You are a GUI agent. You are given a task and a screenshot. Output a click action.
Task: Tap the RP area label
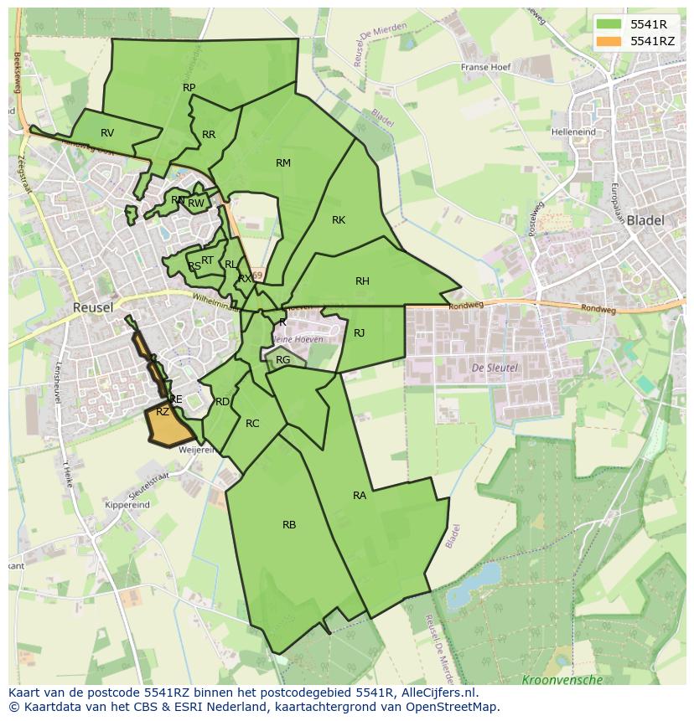coord(189,88)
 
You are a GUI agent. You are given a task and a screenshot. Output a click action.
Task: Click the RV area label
coord(107,133)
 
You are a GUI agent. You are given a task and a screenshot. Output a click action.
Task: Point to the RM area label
coord(283,163)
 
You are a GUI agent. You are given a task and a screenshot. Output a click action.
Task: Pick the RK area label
coord(339,220)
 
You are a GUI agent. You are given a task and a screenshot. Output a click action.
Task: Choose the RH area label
coord(362,281)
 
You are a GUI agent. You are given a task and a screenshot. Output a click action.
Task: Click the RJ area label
coord(360,333)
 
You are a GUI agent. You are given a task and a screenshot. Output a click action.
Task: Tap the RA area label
coord(360,496)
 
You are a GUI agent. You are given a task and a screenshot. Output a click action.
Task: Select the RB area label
coord(289,525)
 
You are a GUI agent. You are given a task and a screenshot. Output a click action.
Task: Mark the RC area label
coord(252,424)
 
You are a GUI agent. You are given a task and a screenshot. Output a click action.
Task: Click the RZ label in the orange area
coord(163,412)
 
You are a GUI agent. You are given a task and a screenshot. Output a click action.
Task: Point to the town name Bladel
coord(645,221)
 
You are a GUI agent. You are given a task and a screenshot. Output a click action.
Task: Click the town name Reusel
coord(92,307)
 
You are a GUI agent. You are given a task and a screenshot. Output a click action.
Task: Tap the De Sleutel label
coord(495,368)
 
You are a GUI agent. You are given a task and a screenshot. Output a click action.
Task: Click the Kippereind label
coord(127,505)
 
